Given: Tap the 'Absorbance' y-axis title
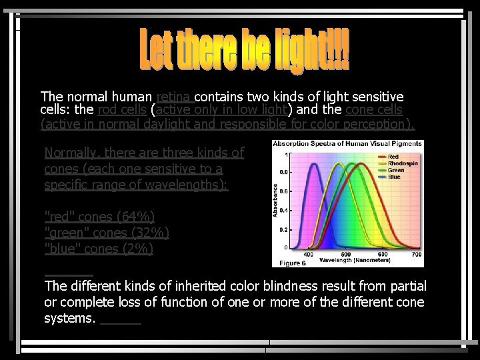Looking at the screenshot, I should click(x=275, y=201).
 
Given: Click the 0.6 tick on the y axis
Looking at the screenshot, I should click(x=284, y=190).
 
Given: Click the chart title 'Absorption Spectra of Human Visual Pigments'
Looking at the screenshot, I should click(x=348, y=144).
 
